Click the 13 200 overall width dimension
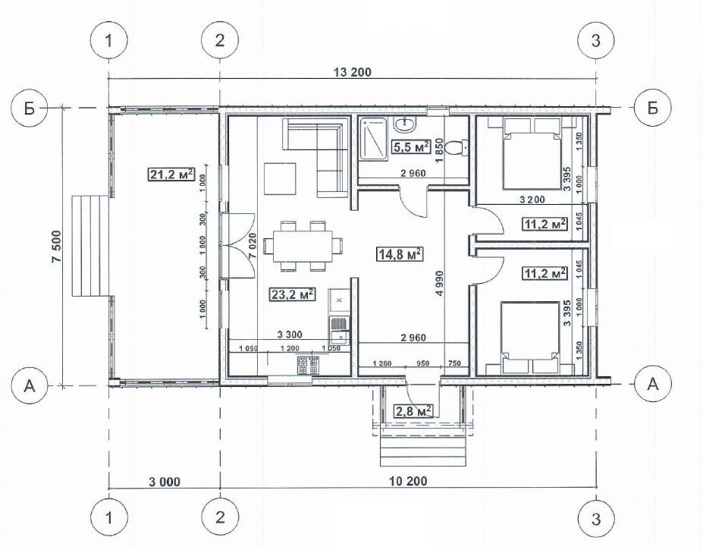[353, 72]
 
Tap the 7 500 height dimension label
[57, 253]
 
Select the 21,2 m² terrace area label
[171, 173]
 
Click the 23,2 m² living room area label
[292, 294]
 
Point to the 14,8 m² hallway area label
[399, 254]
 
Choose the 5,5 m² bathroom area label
[411, 146]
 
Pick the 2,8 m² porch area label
[413, 410]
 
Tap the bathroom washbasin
[406, 123]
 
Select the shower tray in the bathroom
[372, 140]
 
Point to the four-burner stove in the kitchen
[308, 366]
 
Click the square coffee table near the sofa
[280, 178]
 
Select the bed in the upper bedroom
[532, 153]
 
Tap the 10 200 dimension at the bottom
[408, 482]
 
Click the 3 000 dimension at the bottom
[163, 482]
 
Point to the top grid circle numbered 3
[595, 40]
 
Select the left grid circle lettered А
[30, 385]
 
